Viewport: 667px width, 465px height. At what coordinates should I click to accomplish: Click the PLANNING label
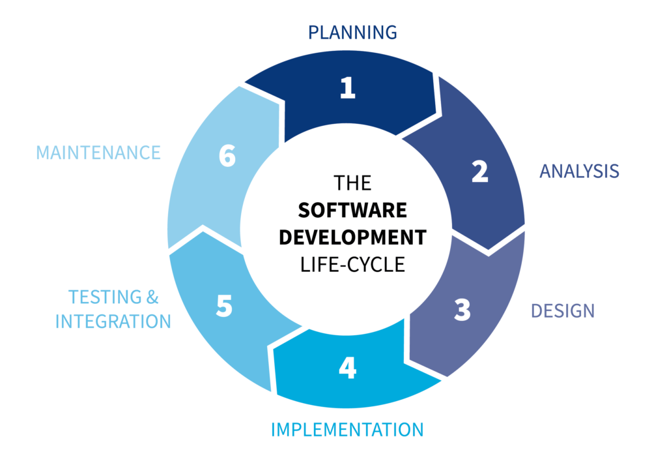(352, 31)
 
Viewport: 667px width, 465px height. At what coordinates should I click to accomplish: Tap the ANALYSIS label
(579, 171)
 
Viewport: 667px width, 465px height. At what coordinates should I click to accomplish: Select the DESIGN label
(563, 310)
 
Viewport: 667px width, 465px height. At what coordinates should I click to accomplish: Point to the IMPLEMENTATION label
(347, 430)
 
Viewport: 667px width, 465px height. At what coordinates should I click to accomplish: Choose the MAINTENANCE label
(98, 153)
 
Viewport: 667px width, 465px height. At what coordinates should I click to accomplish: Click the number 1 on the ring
(348, 88)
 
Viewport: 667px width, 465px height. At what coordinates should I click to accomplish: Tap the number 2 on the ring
(479, 171)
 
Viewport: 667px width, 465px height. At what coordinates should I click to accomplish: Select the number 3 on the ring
(462, 310)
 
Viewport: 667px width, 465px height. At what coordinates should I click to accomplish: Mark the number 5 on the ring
(224, 307)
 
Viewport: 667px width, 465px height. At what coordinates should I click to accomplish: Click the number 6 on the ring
(227, 157)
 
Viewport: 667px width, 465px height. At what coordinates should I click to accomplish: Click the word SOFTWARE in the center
(352, 210)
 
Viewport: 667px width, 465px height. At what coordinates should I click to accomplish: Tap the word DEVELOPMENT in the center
(352, 237)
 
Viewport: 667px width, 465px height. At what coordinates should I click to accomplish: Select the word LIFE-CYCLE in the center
(352, 263)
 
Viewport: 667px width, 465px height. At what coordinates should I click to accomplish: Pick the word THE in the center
(352, 183)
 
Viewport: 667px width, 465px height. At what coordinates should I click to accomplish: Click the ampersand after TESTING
(151, 297)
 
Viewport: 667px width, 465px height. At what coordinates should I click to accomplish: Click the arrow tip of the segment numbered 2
(489, 250)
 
